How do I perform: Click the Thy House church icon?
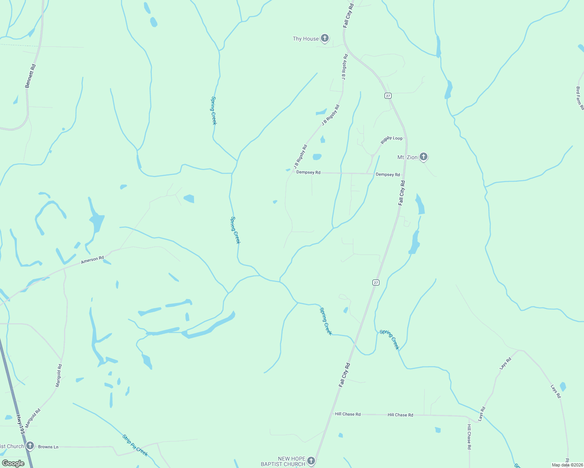pos(325,38)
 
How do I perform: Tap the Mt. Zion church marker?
pos(424,157)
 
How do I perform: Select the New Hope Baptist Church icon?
pos(311,461)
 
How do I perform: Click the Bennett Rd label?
pos(30,76)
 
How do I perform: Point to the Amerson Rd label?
pos(93,260)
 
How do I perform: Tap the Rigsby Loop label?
pos(392,140)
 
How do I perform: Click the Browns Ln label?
pos(48,447)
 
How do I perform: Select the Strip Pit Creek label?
pos(135,445)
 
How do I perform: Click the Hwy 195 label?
pos(21,425)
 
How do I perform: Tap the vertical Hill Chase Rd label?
pos(469,437)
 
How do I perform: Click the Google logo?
pos(13,463)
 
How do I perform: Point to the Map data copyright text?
pos(567,465)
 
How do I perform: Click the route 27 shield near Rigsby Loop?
pos(388,96)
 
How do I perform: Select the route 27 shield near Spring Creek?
pos(376,282)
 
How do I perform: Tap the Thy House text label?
pos(306,39)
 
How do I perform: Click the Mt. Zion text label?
pos(407,157)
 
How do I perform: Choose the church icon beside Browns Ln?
pos(30,446)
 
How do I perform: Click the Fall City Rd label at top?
pos(348,16)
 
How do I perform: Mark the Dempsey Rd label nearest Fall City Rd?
pos(388,175)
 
